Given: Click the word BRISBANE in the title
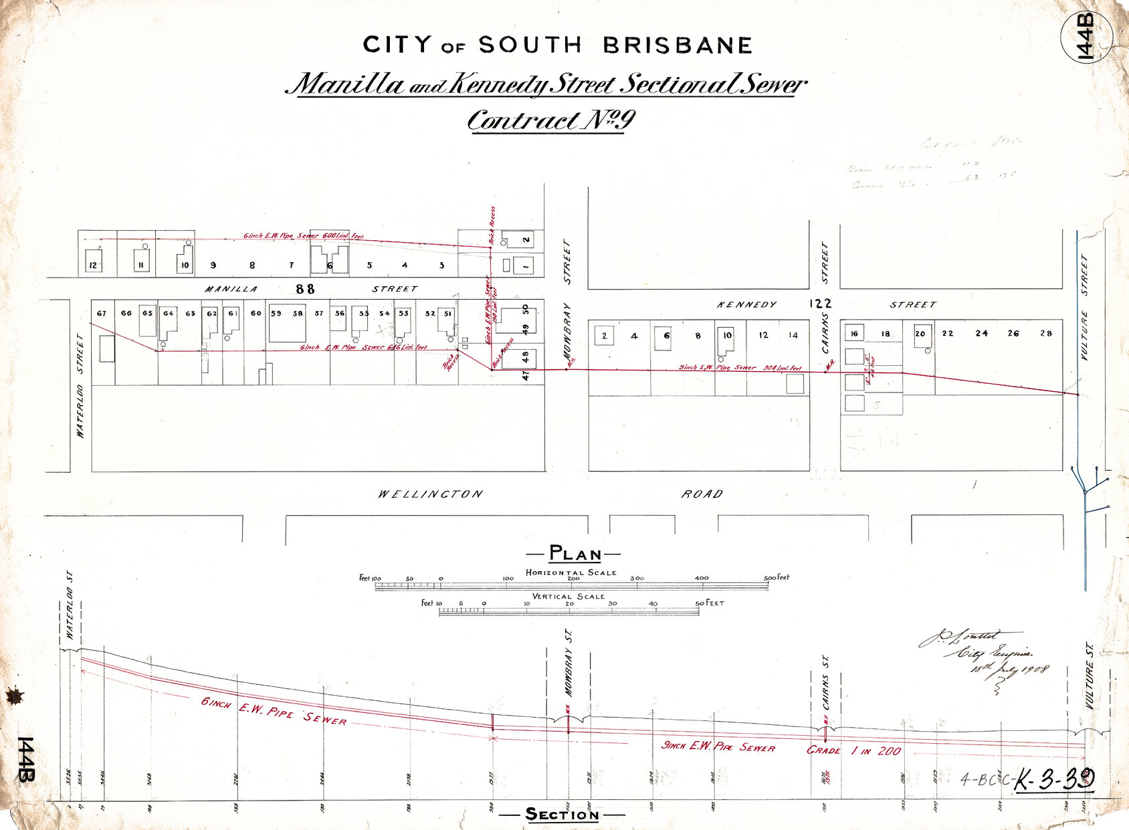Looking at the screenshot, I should (677, 45).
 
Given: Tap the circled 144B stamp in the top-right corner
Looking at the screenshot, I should (1086, 37).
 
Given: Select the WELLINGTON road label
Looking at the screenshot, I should (430, 494).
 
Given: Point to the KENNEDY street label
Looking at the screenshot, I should (746, 304).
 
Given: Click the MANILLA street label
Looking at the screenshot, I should (231, 289).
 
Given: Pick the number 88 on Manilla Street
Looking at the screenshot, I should (305, 289).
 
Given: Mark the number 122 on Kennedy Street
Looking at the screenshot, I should (820, 304).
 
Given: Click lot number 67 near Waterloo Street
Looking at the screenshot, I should (102, 313).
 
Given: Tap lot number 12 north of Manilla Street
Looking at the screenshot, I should (93, 266).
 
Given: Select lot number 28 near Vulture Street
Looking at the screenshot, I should (1046, 333).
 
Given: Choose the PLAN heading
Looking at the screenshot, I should (575, 554).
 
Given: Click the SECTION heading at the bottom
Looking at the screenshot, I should (562, 814).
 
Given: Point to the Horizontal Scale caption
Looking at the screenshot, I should (571, 573).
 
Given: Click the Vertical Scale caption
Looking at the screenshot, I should (568, 596).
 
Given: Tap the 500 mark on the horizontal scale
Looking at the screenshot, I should (771, 578).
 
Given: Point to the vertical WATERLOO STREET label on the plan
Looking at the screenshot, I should (81, 386).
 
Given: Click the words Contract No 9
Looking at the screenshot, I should (550, 120).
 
